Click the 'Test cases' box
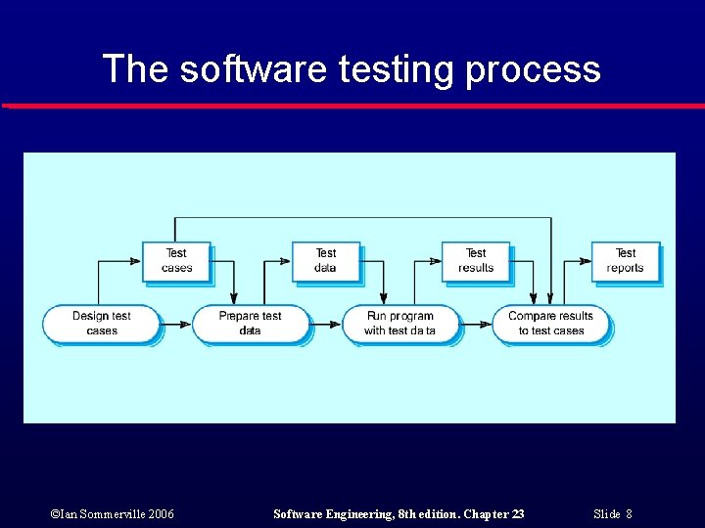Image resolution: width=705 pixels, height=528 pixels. click(x=176, y=260)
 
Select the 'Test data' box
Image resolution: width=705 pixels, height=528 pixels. click(x=326, y=260)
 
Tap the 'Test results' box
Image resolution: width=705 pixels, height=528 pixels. click(x=476, y=260)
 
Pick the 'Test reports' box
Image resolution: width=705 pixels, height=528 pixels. click(x=626, y=260)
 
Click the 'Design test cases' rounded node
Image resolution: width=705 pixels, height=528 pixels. click(x=101, y=324)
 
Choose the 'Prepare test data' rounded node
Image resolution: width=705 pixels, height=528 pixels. click(x=251, y=324)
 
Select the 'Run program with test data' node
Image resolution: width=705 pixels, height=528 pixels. click(x=400, y=324)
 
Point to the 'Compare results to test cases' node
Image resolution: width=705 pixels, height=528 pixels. click(x=550, y=324)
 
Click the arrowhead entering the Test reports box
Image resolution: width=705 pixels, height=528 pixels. click(x=586, y=261)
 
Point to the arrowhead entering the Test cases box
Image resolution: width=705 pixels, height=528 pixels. click(x=136, y=261)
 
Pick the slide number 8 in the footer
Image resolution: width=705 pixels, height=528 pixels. click(x=629, y=513)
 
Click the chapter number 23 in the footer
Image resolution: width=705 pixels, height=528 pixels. click(x=516, y=513)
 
